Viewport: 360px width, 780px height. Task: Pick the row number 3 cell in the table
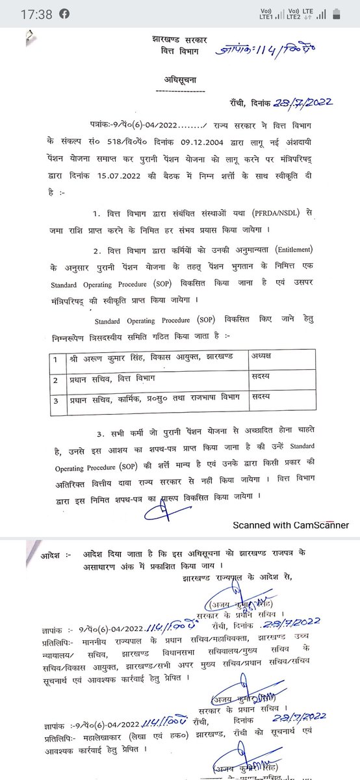click(x=57, y=396)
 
